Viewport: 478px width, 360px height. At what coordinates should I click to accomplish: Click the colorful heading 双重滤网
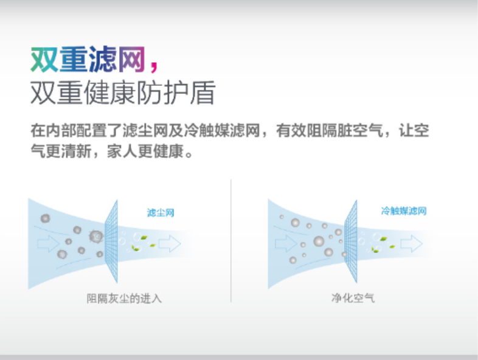click(x=88, y=59)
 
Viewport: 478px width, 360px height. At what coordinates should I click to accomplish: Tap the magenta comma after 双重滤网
click(x=154, y=66)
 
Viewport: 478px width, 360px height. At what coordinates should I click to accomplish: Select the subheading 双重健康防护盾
click(x=123, y=92)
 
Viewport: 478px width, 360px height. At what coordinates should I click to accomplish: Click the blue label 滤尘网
click(x=161, y=212)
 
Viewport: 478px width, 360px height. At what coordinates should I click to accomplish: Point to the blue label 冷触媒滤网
click(x=404, y=210)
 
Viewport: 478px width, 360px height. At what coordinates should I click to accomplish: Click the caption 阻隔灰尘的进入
click(x=124, y=298)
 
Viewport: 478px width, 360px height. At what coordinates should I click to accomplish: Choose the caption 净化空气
click(x=353, y=297)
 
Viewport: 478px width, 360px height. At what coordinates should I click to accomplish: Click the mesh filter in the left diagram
click(x=111, y=241)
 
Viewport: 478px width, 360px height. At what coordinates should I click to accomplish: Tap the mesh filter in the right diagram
click(x=351, y=241)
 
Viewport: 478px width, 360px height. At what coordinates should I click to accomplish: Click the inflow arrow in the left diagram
click(x=48, y=243)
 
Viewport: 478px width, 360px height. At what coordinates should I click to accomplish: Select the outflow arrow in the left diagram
click(x=170, y=243)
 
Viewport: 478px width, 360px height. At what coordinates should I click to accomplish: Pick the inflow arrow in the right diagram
click(x=286, y=243)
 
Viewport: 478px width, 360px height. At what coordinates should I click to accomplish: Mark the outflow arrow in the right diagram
click(x=412, y=243)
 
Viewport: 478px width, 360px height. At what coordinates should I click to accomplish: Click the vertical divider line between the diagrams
click(x=231, y=241)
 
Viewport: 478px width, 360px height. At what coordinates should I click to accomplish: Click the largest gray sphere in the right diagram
click(x=319, y=241)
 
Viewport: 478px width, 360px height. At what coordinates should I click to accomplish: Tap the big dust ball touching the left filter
click(x=96, y=236)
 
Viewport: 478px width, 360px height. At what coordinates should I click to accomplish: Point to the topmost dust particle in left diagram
click(x=45, y=218)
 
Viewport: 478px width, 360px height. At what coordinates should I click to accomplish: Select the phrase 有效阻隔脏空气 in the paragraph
click(x=329, y=131)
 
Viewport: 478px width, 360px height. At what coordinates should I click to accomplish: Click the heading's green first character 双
click(x=44, y=60)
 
